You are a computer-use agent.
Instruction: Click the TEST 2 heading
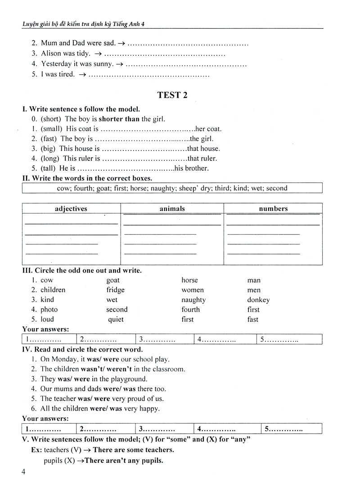(172, 95)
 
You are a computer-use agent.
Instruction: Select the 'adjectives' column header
(71, 209)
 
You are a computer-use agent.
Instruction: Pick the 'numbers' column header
(273, 209)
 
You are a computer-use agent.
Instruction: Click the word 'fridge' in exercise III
(115, 290)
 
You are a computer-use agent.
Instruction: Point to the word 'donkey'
(258, 300)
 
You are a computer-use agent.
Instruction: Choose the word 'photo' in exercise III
(49, 310)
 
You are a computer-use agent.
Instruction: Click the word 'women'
(193, 290)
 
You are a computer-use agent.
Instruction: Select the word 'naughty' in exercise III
(193, 300)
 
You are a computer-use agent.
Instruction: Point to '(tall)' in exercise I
(48, 169)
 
